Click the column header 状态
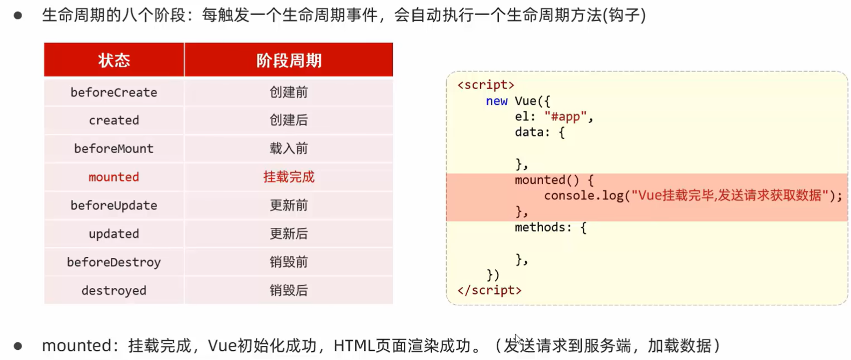click(x=114, y=60)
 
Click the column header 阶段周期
click(x=289, y=60)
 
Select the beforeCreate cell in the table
click(x=114, y=92)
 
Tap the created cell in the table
click(x=114, y=120)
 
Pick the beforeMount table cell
click(x=114, y=149)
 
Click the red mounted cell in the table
click(x=114, y=177)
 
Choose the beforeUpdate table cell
click(x=114, y=206)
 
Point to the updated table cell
click(x=114, y=234)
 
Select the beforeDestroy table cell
click(x=114, y=262)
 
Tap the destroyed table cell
click(x=114, y=291)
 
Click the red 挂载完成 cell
click(x=289, y=177)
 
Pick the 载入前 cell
click(x=289, y=149)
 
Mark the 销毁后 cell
click(x=289, y=291)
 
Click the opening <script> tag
click(x=485, y=85)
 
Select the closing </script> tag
click(x=489, y=290)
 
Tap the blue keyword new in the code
click(x=496, y=101)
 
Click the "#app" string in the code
click(x=566, y=117)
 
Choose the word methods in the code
click(x=540, y=227)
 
